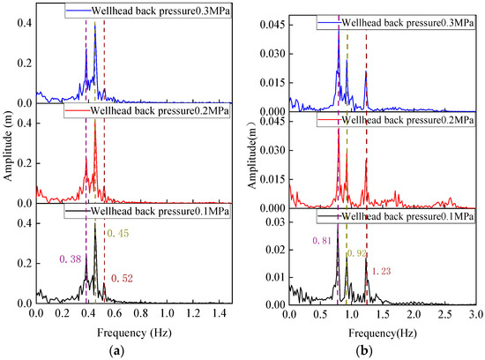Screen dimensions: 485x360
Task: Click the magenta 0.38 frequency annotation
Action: [71, 259]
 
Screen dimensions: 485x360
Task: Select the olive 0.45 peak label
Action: [118, 234]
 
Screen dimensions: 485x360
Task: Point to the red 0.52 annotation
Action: [122, 278]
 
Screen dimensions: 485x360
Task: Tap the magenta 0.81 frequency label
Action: [322, 241]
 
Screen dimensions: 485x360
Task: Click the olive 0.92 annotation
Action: [356, 253]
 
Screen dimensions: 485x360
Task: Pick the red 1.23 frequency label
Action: [381, 272]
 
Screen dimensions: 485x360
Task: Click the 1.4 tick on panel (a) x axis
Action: [219, 313]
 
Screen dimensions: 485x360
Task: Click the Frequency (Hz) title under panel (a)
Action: [134, 333]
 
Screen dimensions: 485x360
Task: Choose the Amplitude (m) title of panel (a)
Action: [8, 153]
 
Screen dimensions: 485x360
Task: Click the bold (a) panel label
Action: [117, 351]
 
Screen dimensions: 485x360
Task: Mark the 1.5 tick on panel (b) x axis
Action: [383, 314]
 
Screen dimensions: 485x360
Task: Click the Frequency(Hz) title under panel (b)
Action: [383, 333]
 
